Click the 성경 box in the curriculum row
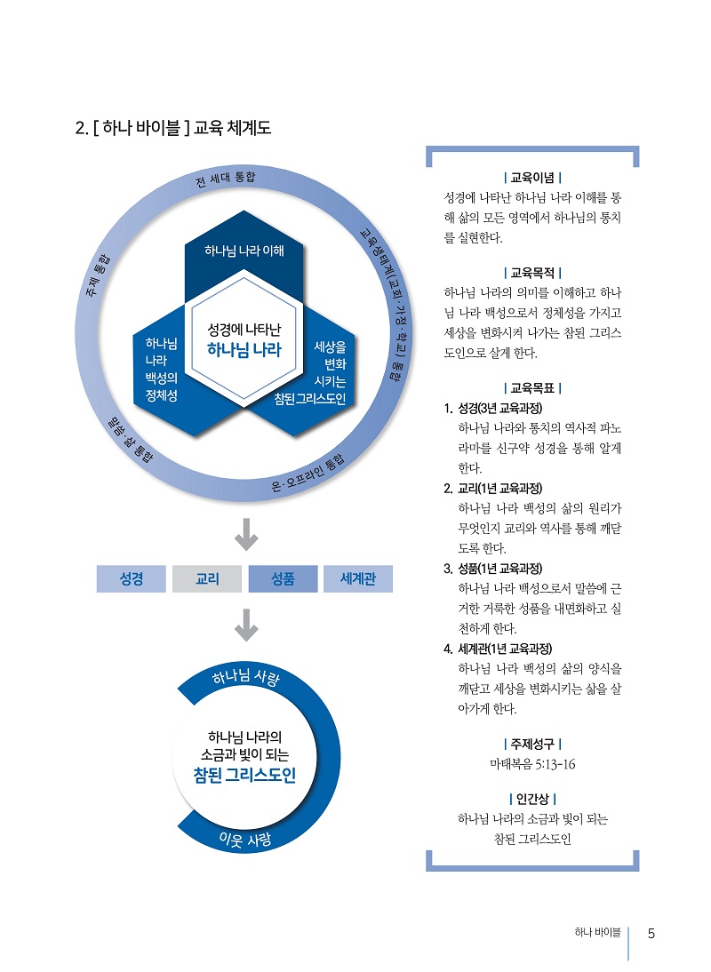[132, 579]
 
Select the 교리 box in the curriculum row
[207, 579]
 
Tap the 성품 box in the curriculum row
[283, 579]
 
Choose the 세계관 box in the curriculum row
[358, 579]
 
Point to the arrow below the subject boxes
[244, 626]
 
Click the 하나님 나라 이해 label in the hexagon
[244, 251]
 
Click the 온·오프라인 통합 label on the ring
[307, 476]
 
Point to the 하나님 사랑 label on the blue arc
[246, 680]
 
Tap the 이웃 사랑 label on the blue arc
[244, 839]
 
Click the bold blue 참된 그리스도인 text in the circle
[244, 776]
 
